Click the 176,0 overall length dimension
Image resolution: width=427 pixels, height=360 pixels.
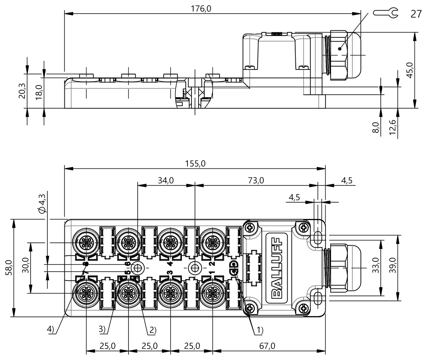201,9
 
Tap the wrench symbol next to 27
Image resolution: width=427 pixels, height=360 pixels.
385,13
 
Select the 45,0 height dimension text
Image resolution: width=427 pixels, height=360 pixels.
410,70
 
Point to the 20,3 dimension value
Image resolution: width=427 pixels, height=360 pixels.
22,91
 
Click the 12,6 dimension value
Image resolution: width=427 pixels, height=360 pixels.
392,127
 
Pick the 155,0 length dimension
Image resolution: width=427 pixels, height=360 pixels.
195,163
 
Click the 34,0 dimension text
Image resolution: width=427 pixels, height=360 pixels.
166,180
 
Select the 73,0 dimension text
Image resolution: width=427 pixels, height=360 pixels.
256,180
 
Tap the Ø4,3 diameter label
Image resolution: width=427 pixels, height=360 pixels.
42,203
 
